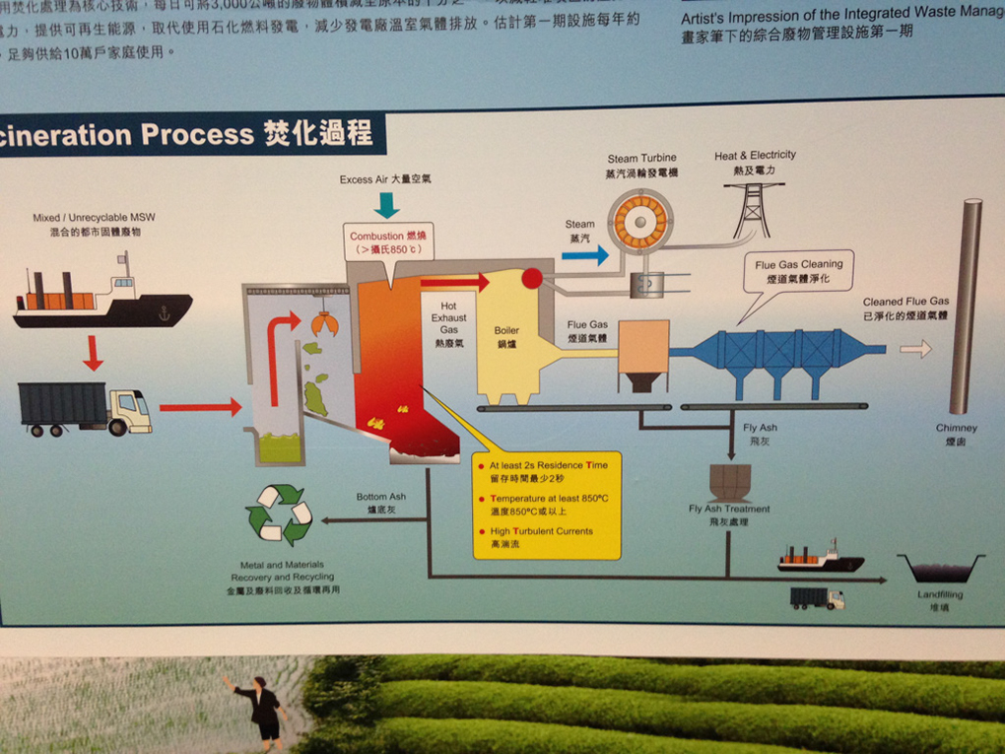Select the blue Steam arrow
point(585,255)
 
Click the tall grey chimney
point(966,306)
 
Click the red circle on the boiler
point(532,278)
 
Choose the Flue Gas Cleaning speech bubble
point(798,272)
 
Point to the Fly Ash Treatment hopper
point(730,483)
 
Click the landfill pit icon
point(940,569)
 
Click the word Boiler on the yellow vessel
point(506,331)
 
